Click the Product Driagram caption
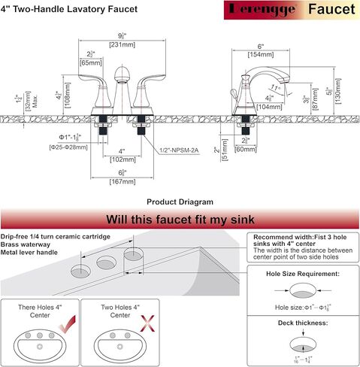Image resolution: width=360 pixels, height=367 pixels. [x=180, y=202]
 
